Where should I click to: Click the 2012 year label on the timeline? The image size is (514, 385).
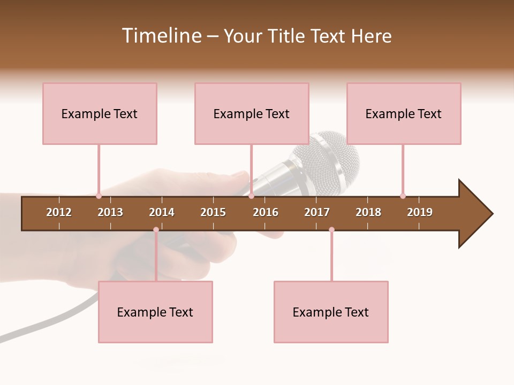[x=59, y=212]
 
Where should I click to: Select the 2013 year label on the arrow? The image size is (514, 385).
[x=110, y=212]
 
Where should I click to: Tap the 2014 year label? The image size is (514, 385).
[x=162, y=212]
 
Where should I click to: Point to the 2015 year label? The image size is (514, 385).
[x=213, y=212]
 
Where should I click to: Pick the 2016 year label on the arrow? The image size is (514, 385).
[x=266, y=212]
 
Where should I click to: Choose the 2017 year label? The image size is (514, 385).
[x=317, y=212]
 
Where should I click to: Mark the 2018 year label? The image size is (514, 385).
[x=368, y=212]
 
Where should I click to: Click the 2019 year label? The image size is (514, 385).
[x=420, y=212]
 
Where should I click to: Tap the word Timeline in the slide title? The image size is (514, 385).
[x=161, y=36]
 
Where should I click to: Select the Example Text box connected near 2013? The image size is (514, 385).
[x=100, y=113]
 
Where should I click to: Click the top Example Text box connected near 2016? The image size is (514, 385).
[x=252, y=113]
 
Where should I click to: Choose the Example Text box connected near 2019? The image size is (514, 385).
[x=404, y=113]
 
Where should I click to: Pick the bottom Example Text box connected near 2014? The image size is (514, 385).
[x=155, y=312]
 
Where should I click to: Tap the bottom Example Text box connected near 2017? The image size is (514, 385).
[x=331, y=312]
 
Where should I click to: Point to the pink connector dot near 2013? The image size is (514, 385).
[x=99, y=196]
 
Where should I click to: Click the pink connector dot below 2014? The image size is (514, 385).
[x=156, y=230]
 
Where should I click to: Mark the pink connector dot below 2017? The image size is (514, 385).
[x=331, y=230]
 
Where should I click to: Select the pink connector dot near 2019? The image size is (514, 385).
[x=403, y=196]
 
